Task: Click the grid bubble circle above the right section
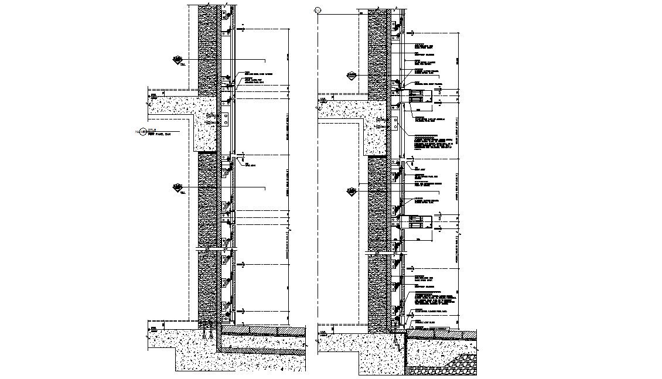pos(318,10)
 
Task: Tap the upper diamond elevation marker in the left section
pos(176,59)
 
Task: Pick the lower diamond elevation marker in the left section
pos(176,187)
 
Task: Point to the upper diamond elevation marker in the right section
pos(352,76)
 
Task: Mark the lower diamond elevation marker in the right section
pos(352,191)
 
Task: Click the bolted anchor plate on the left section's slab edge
pos(225,120)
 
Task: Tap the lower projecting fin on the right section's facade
pos(418,222)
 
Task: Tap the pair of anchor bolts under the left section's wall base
pos(206,336)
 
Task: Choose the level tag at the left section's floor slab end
pos(153,94)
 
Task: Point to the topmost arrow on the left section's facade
pos(241,28)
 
